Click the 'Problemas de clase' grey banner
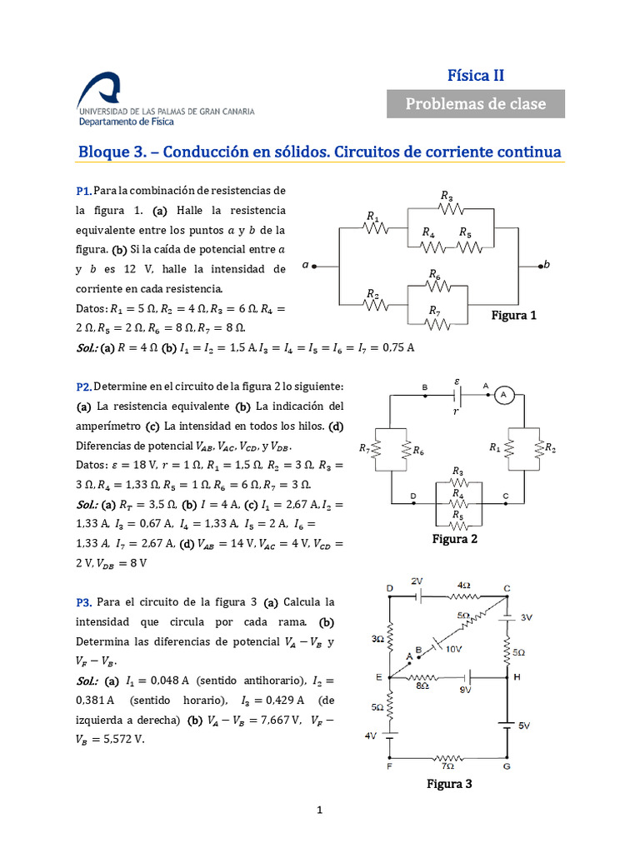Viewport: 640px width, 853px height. pyautogui.click(x=476, y=103)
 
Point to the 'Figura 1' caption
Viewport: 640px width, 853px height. pyautogui.click(x=514, y=316)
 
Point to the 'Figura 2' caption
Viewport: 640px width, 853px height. pyautogui.click(x=454, y=539)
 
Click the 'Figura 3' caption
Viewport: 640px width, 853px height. pyautogui.click(x=449, y=783)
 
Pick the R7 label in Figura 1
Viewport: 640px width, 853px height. pyautogui.click(x=434, y=311)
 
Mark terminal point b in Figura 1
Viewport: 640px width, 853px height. pyautogui.click(x=547, y=265)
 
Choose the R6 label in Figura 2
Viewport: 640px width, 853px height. pyautogui.click(x=418, y=450)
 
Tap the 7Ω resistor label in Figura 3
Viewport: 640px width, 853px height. pyautogui.click(x=447, y=766)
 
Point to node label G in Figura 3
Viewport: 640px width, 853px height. pyautogui.click(x=506, y=766)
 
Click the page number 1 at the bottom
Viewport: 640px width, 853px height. pyautogui.click(x=319, y=810)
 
